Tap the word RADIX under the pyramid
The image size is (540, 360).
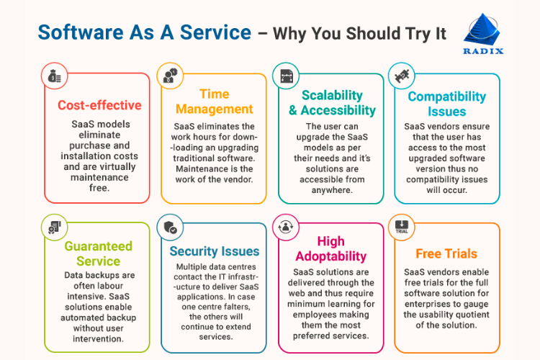click(x=483, y=51)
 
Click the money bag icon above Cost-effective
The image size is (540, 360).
click(x=55, y=76)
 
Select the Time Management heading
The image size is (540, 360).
click(x=215, y=102)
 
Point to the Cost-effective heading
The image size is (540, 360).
click(x=99, y=105)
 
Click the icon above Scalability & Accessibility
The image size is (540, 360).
click(x=286, y=76)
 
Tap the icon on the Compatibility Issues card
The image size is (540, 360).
click(x=402, y=76)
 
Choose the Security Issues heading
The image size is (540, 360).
click(x=215, y=251)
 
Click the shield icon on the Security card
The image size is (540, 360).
click(x=171, y=228)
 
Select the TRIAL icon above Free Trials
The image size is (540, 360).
click(x=402, y=228)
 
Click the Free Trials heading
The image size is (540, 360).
click(x=446, y=253)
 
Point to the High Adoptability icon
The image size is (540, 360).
click(x=286, y=227)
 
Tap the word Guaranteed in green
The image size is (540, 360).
click(x=99, y=246)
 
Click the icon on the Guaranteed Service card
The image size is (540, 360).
click(x=55, y=228)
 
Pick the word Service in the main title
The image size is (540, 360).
click(x=215, y=32)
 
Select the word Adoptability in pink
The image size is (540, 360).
click(x=331, y=256)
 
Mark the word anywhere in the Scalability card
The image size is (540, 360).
click(x=332, y=190)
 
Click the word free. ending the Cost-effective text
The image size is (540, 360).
click(x=99, y=188)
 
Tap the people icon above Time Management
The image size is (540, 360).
click(x=171, y=76)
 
